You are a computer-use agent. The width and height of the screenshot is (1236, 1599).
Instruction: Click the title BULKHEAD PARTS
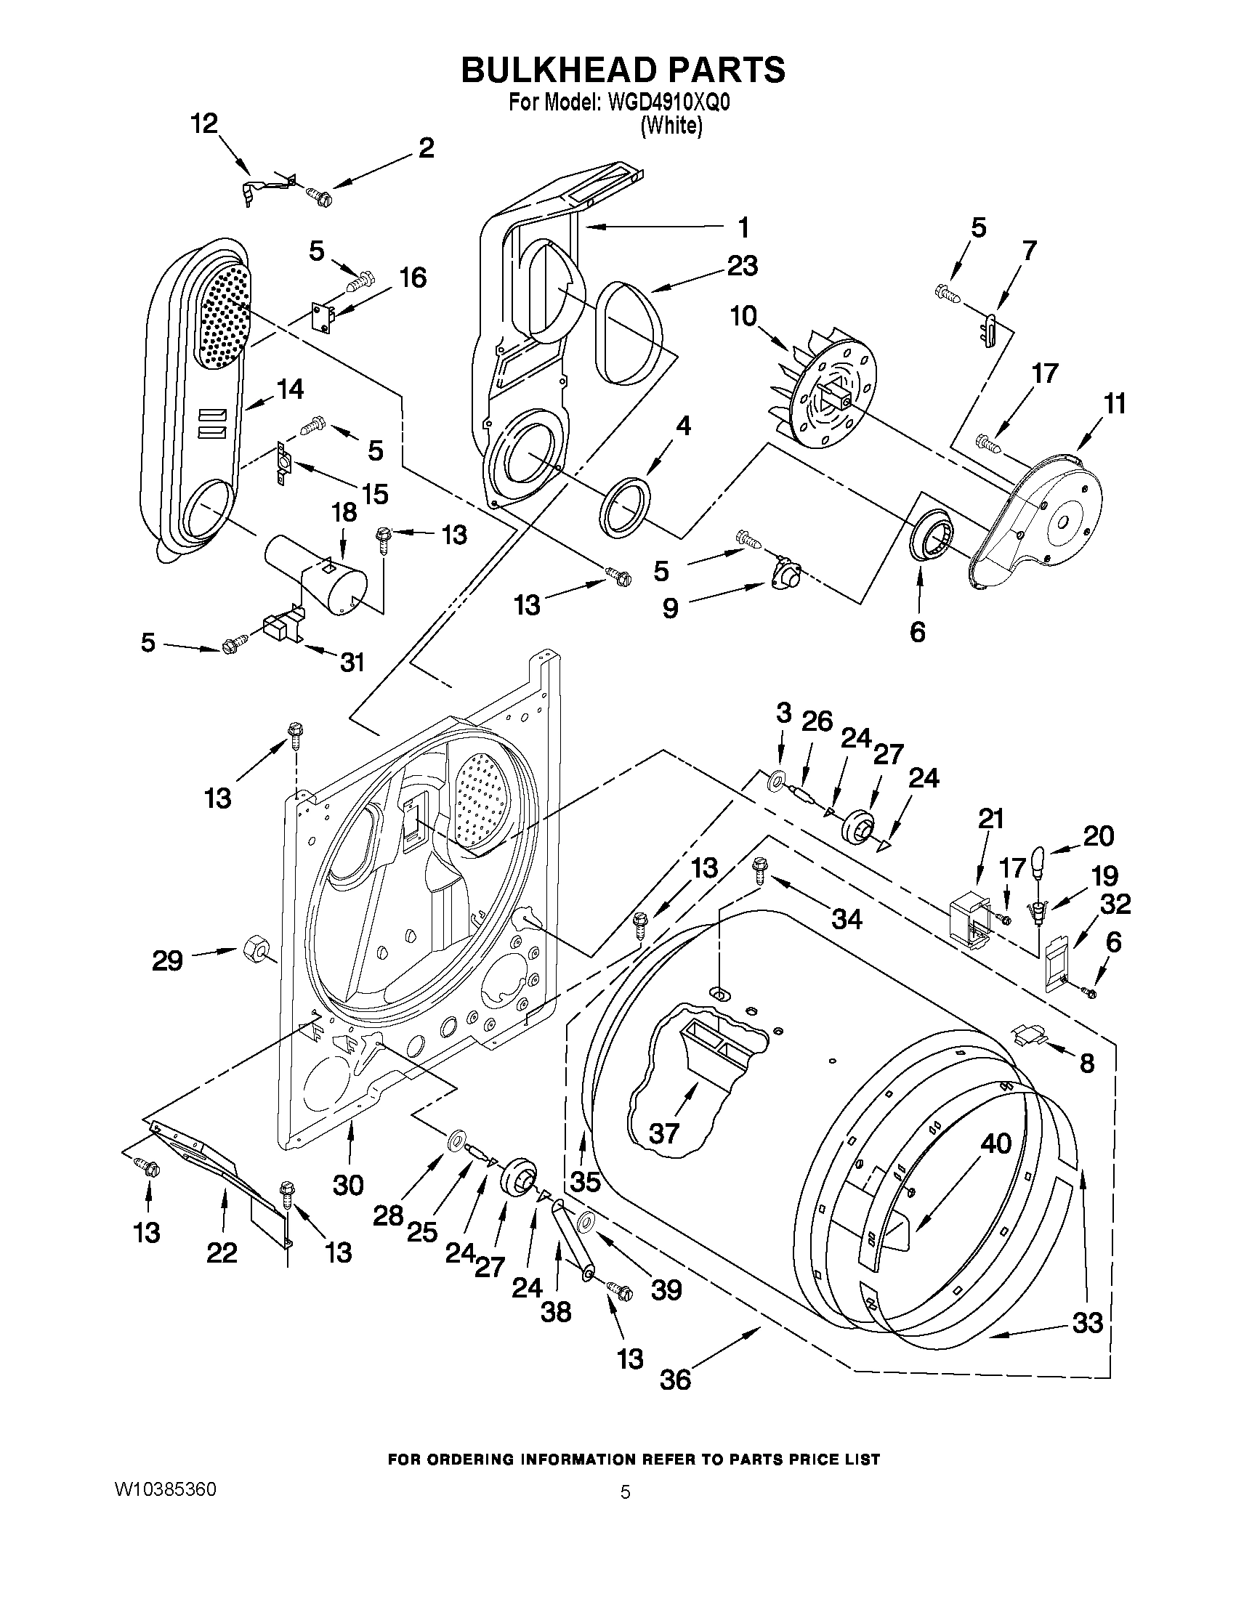(x=623, y=70)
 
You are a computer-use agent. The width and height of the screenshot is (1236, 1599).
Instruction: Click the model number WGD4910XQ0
(x=669, y=103)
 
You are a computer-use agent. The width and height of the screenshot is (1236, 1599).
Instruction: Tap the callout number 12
(x=204, y=124)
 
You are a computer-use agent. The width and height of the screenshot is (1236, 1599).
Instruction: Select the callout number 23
(x=742, y=266)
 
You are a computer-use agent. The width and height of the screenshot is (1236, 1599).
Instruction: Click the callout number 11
(x=1114, y=403)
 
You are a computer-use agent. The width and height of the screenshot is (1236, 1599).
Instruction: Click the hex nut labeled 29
(x=251, y=950)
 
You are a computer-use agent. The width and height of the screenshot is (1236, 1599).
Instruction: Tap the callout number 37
(x=665, y=1134)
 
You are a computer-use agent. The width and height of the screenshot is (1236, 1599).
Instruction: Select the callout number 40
(x=995, y=1143)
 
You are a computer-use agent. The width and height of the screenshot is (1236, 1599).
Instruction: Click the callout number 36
(x=675, y=1380)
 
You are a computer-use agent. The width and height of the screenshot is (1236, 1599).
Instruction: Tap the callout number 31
(x=352, y=662)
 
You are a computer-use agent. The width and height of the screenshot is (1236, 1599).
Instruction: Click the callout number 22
(x=222, y=1252)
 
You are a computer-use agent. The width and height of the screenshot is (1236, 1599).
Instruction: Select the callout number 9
(x=670, y=608)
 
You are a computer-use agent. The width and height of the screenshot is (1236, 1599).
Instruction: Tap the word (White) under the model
(x=671, y=126)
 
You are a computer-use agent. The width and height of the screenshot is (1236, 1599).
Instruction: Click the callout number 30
(x=348, y=1184)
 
